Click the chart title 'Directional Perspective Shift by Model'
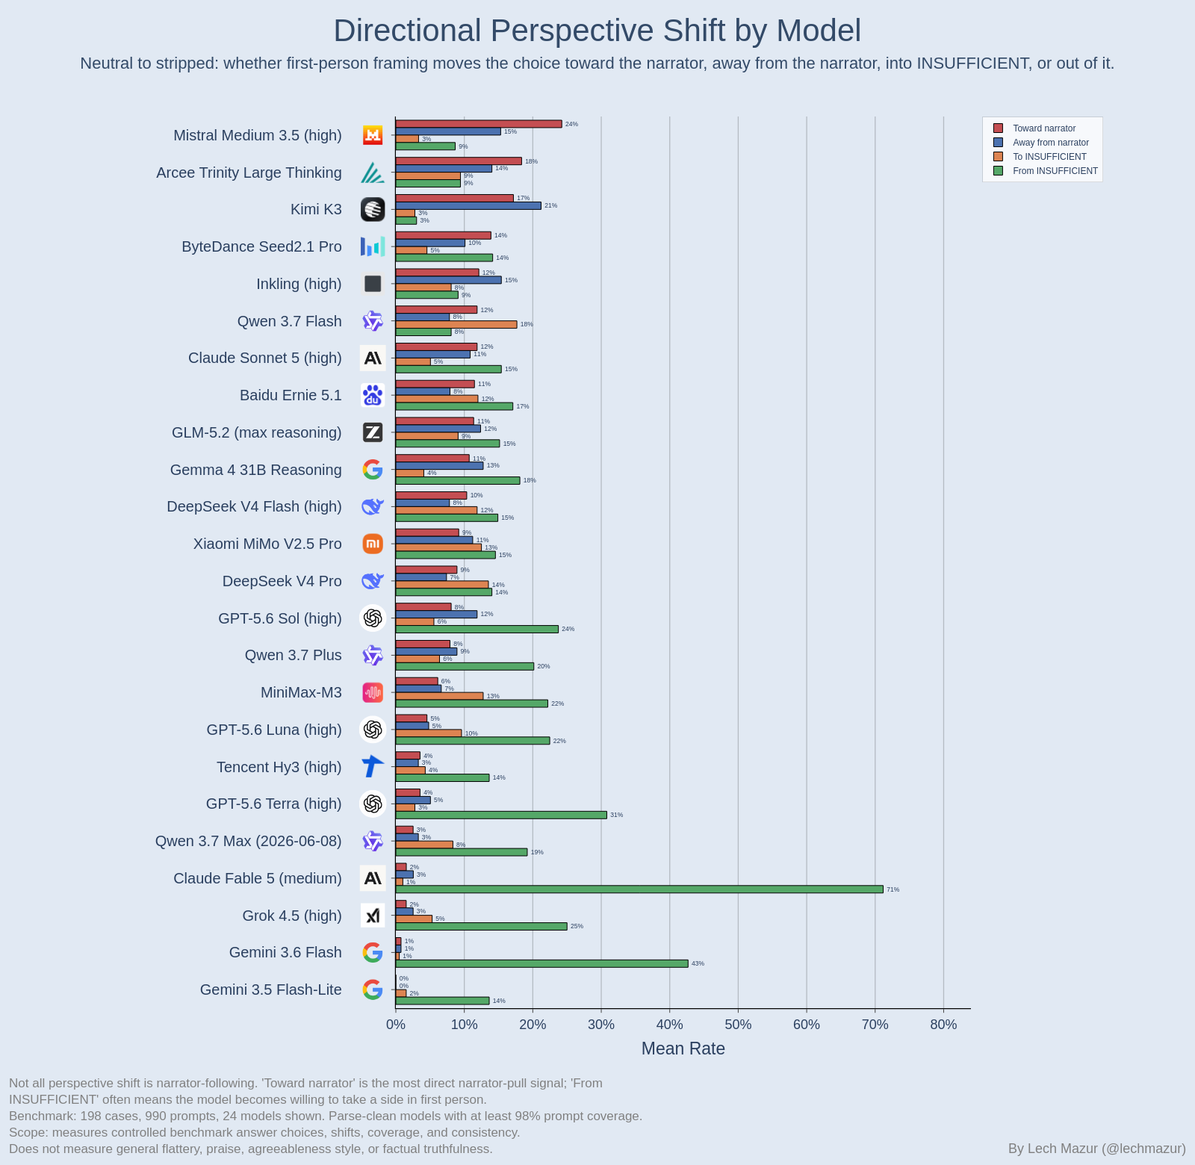pyautogui.click(x=597, y=31)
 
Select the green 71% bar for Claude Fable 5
pyautogui.click(x=639, y=889)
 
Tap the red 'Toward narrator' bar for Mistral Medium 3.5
pyautogui.click(x=479, y=124)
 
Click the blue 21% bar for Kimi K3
pyautogui.click(x=468, y=205)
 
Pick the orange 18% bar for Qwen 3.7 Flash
pyautogui.click(x=456, y=324)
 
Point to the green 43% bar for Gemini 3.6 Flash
pyautogui.click(x=541, y=963)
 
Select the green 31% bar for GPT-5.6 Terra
pyautogui.click(x=501, y=815)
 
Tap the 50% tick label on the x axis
pyautogui.click(x=738, y=1025)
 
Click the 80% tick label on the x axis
pyautogui.click(x=943, y=1025)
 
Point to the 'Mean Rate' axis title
pyautogui.click(x=683, y=1048)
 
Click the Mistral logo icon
pyautogui.click(x=373, y=135)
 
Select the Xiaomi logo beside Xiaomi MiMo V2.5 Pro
pyautogui.click(x=373, y=544)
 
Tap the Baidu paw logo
pyautogui.click(x=373, y=395)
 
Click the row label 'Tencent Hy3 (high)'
pyautogui.click(x=279, y=767)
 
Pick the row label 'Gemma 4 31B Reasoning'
pyautogui.click(x=256, y=470)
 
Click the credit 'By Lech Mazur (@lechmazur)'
pyautogui.click(x=1097, y=1149)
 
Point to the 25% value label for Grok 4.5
pyautogui.click(x=577, y=926)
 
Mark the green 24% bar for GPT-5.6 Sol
pyautogui.click(x=477, y=629)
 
